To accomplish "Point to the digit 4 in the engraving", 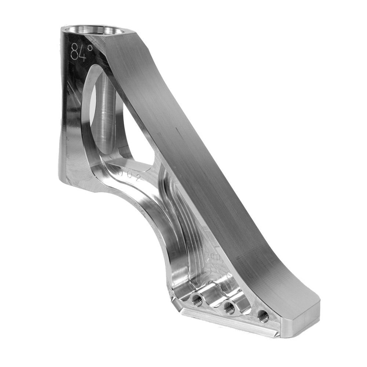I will (x=83, y=53).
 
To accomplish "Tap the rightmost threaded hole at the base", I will (x=263, y=315).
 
